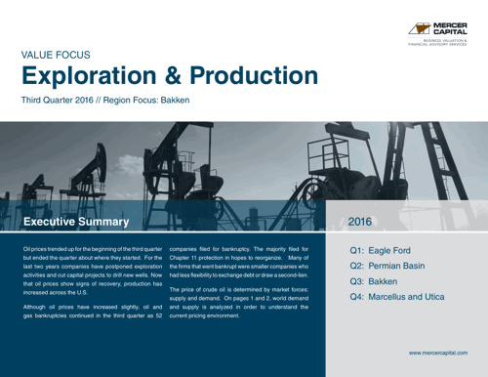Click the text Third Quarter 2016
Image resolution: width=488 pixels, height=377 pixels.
(x=58, y=100)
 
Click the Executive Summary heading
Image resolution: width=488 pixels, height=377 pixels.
(x=75, y=222)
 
